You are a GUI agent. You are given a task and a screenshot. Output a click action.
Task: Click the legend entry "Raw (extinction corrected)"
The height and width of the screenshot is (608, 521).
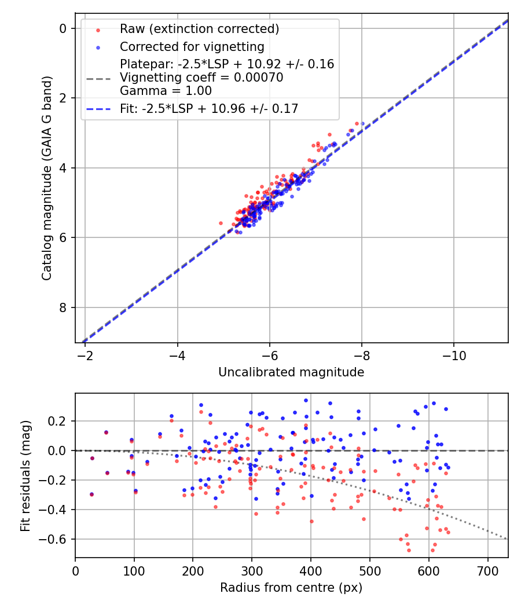coord(199,29)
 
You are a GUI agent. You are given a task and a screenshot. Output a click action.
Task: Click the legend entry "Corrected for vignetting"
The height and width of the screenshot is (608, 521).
coord(192,47)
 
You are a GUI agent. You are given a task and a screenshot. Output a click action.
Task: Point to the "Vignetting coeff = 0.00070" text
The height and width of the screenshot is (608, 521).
coord(201,78)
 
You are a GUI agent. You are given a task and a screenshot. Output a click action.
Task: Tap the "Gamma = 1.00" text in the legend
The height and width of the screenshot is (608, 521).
coord(166,91)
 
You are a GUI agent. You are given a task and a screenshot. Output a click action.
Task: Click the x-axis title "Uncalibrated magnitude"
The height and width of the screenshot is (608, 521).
coord(291,372)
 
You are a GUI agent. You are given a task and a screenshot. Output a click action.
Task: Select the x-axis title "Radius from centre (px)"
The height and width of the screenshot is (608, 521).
coord(291,588)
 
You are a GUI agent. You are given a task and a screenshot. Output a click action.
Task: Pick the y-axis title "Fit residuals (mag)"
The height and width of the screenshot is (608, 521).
coord(25,475)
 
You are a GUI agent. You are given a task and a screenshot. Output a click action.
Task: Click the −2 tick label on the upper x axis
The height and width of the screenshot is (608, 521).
coord(85,354)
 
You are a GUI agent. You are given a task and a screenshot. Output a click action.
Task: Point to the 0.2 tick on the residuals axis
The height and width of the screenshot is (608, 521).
coord(61,421)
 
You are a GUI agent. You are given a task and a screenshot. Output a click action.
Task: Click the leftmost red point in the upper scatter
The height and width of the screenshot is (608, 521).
coord(221,223)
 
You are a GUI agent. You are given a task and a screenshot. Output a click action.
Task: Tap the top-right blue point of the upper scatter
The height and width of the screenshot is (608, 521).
coord(362,123)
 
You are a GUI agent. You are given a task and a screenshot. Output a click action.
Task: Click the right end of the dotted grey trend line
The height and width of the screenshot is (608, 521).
coord(507,539)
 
